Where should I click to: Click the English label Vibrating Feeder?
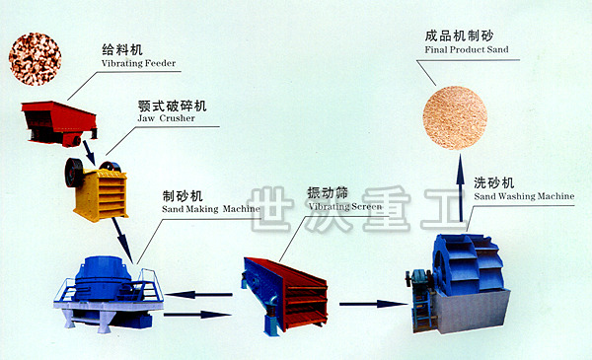pos(138,63)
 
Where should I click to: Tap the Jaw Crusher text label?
pos(166,118)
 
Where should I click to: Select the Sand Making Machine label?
pos(211,209)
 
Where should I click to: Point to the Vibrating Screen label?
pos(345,206)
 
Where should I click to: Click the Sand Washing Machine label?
pos(524,196)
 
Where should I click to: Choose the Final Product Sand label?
pos(467,49)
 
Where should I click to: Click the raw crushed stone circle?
pos(35,59)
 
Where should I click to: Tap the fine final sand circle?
pos(455,117)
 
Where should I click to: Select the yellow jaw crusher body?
pos(102,195)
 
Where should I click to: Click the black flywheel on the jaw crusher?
pos(74,172)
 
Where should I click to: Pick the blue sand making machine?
pos(109,294)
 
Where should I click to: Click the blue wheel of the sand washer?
pos(468,264)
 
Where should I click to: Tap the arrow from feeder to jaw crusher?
pos(89,152)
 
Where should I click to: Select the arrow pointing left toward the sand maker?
pos(198,294)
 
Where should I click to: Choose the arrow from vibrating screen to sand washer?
pos(374,304)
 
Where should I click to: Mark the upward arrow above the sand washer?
pos(460,187)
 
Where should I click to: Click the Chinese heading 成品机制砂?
pos(459,36)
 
